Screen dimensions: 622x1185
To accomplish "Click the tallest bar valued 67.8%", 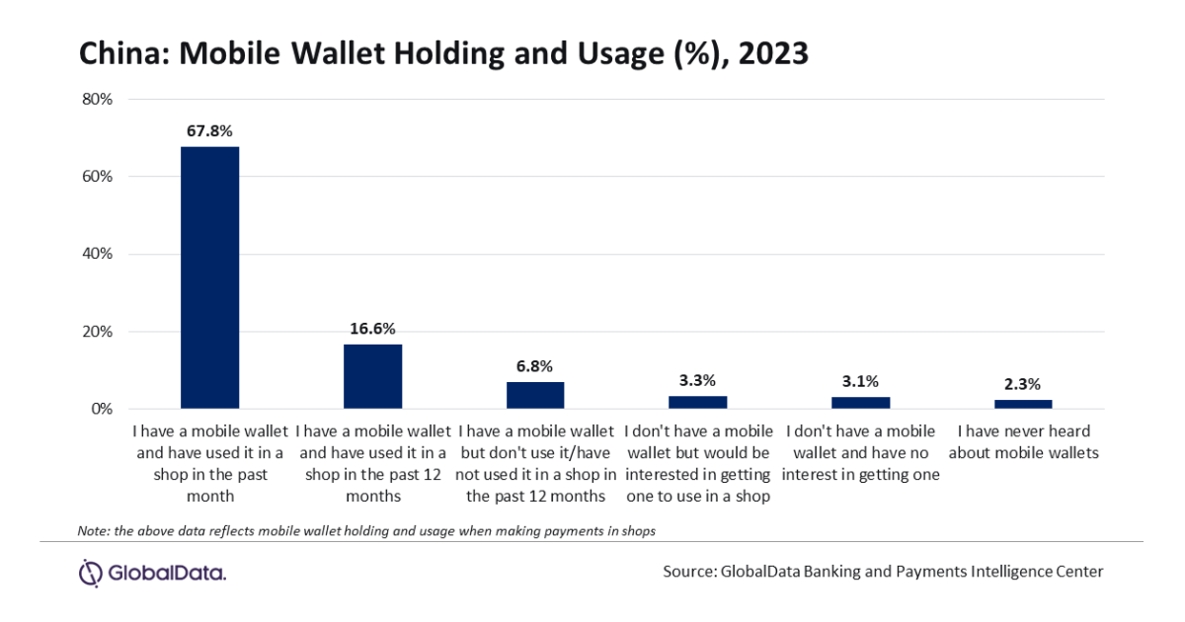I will point(209,277).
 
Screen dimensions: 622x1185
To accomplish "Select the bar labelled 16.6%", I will point(372,376).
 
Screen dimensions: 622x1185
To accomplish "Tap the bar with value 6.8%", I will point(535,395).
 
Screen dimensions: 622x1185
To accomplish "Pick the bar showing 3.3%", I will point(697,402).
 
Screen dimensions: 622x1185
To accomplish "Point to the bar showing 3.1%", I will point(860,403).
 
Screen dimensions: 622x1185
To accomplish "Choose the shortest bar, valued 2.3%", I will point(1023,404).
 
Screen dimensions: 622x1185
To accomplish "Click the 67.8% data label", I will point(209,130).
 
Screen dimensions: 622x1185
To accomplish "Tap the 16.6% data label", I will point(372,328).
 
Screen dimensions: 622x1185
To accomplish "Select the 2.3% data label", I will point(1023,384).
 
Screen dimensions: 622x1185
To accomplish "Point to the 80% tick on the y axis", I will point(100,100).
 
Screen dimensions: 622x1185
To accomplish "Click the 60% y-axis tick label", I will point(100,177).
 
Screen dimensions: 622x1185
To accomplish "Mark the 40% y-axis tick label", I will point(100,254).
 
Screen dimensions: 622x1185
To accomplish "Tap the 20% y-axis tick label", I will point(100,332).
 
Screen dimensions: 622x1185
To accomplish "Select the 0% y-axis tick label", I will point(104,409).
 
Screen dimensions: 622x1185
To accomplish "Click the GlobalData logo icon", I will point(91,572).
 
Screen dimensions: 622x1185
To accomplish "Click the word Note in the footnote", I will point(91,531).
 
